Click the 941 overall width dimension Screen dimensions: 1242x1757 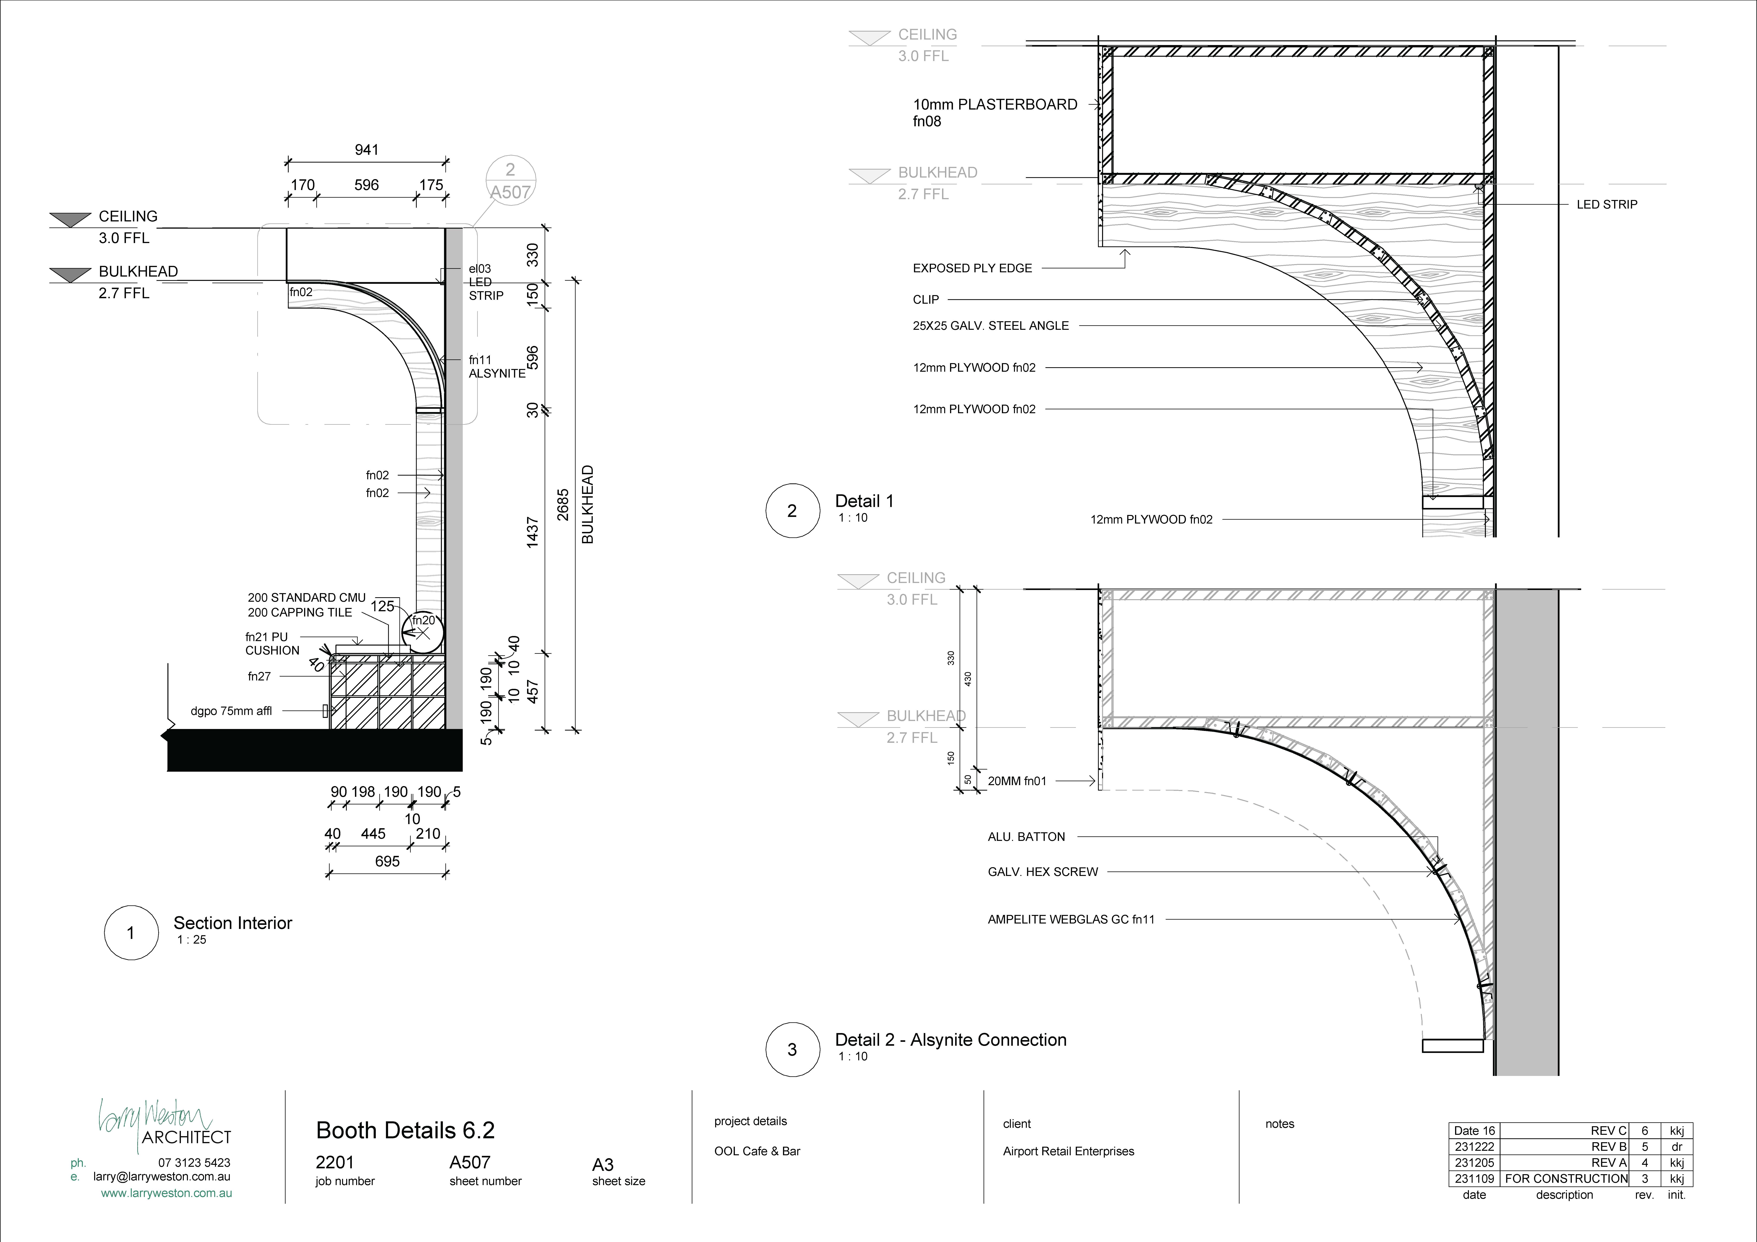pos(367,150)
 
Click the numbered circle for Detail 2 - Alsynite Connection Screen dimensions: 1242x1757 pos(793,1049)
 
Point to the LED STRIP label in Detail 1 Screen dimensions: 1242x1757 pos(1607,204)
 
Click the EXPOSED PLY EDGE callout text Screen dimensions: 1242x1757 pos(972,269)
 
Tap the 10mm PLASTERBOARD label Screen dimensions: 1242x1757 pos(995,105)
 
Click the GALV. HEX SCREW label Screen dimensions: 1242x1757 pos(1042,872)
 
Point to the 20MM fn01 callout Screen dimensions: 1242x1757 pos(1017,781)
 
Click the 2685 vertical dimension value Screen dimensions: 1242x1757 pos(563,505)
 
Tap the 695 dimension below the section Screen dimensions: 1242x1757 pos(387,862)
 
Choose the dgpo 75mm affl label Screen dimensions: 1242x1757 pos(231,711)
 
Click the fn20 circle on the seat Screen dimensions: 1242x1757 pos(422,632)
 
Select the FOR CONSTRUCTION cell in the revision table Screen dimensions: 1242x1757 pos(1566,1178)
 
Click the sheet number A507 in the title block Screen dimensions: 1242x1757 pos(470,1162)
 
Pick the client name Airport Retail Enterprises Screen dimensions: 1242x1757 pos(1068,1151)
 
